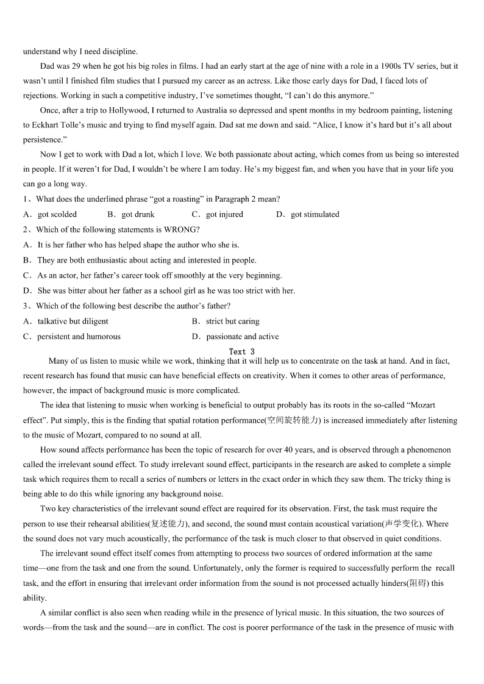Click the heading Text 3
click(242, 351)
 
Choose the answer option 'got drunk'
click(138, 214)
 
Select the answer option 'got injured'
click(224, 214)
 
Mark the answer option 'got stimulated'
click(315, 214)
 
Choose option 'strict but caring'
click(232, 321)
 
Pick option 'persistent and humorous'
click(79, 336)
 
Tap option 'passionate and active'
click(242, 336)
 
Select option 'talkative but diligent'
click(73, 321)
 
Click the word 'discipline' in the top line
click(119, 51)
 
